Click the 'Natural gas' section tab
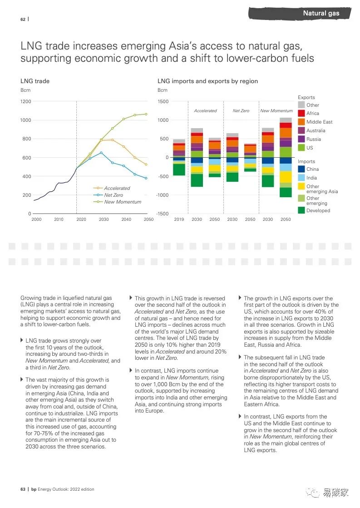pyautogui.click(x=321, y=14)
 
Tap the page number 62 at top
pyautogui.click(x=23, y=19)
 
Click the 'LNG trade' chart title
pyautogui.click(x=35, y=81)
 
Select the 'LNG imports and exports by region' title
pyautogui.click(x=207, y=81)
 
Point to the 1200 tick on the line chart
pyautogui.click(x=26, y=101)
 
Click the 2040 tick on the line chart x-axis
pyautogui.click(x=126, y=219)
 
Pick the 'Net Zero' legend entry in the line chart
pyautogui.click(x=113, y=195)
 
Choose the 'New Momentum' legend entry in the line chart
pyautogui.click(x=123, y=202)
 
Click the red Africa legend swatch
pyautogui.click(x=301, y=113)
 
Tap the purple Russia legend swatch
pyautogui.click(x=301, y=139)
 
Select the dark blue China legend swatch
pyautogui.click(x=301, y=169)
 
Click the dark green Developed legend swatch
pyautogui.click(x=301, y=210)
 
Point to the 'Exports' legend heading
pyautogui.click(x=306, y=97)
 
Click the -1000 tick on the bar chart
pyautogui.click(x=162, y=195)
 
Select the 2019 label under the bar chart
pyautogui.click(x=179, y=219)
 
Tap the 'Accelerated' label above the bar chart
pyautogui.click(x=205, y=111)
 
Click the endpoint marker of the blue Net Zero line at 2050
pyautogui.click(x=146, y=178)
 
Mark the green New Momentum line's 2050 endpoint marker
pyautogui.click(x=146, y=114)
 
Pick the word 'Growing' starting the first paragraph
pyautogui.click(x=30, y=299)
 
